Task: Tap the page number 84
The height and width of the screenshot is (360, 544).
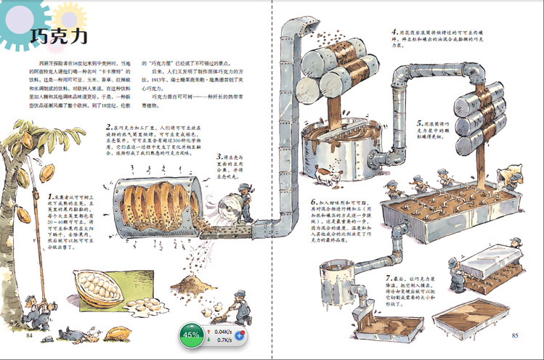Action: [31, 335]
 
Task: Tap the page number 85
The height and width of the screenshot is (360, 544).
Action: [515, 335]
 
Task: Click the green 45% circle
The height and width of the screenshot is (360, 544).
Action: [192, 335]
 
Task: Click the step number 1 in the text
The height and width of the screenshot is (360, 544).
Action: [49, 196]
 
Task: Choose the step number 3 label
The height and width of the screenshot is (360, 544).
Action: [219, 156]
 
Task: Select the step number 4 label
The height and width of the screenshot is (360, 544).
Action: [394, 32]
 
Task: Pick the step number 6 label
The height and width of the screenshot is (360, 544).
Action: [314, 202]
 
